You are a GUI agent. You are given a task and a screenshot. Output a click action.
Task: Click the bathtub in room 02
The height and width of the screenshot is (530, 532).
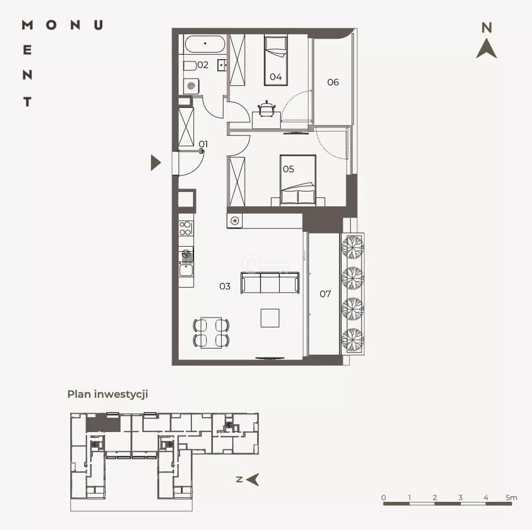click(205, 44)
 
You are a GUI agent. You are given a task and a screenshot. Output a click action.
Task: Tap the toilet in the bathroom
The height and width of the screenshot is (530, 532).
click(190, 65)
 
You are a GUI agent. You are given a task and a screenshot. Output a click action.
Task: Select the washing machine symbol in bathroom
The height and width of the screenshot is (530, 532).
click(191, 86)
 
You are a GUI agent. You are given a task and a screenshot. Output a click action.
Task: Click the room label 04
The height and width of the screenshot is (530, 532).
click(275, 77)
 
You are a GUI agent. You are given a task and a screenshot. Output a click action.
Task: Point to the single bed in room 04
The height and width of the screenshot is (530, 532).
click(276, 60)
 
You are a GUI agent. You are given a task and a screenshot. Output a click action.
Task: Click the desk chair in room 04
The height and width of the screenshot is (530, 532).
click(267, 108)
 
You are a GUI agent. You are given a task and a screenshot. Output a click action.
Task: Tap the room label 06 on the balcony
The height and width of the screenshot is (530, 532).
click(333, 82)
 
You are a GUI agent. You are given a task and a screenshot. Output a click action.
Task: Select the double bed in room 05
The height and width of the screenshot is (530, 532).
click(298, 180)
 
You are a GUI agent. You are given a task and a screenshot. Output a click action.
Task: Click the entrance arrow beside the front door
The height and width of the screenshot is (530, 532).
click(155, 163)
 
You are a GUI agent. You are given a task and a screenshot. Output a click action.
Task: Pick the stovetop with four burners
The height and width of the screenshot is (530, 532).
click(186, 228)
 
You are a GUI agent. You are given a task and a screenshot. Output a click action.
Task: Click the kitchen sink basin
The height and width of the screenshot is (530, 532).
click(186, 271)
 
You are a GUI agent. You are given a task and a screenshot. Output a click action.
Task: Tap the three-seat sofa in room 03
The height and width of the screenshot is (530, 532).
click(270, 283)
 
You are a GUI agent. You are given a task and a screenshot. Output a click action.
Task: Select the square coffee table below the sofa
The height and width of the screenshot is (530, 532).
click(270, 318)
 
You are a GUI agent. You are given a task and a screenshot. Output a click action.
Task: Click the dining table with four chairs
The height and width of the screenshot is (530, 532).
click(211, 332)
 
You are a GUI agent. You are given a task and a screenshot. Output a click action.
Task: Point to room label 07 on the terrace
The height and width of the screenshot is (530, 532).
click(325, 294)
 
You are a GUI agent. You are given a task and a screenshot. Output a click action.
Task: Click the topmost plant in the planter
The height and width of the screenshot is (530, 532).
click(352, 247)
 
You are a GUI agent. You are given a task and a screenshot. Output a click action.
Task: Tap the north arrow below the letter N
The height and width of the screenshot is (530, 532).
click(487, 49)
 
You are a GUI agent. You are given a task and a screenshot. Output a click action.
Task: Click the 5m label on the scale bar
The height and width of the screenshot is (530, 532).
click(512, 497)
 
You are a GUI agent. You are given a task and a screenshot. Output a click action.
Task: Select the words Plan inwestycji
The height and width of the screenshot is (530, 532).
click(107, 394)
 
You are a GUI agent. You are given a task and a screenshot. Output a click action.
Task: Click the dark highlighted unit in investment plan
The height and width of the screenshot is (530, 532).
click(103, 423)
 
